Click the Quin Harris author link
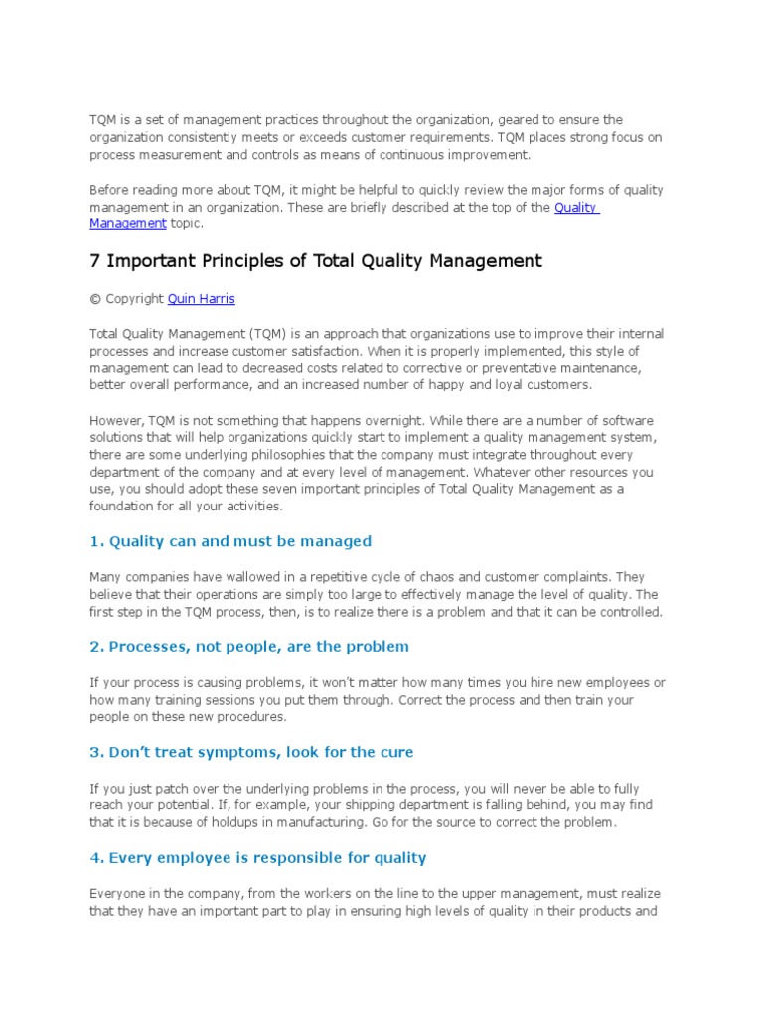202,298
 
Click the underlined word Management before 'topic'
128,223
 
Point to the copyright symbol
93,298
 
